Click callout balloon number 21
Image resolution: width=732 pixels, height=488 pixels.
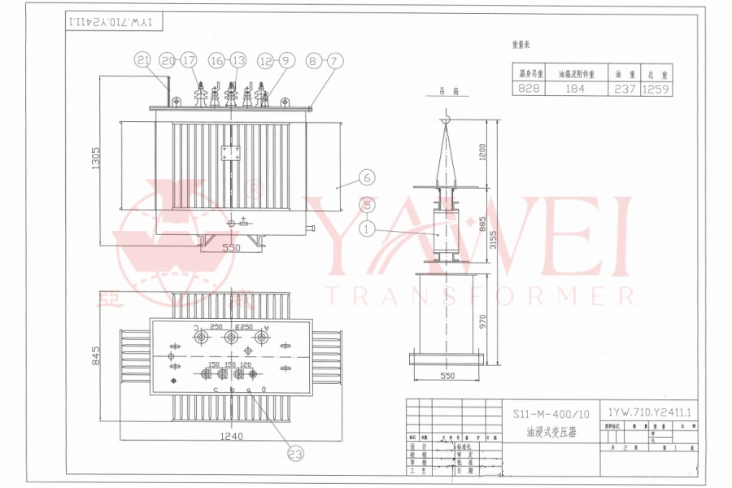tap(144, 59)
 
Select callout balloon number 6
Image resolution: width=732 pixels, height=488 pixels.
tap(366, 176)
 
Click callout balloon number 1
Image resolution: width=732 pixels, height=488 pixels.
tap(368, 230)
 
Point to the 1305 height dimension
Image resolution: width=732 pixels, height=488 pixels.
tap(94, 159)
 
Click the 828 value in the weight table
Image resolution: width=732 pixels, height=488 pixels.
tap(529, 89)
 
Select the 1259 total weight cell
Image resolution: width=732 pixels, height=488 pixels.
tap(656, 89)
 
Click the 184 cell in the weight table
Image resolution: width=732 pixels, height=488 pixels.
tap(576, 89)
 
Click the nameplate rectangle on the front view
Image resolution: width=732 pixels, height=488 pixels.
tap(231, 155)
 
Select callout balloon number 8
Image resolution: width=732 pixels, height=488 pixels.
tap(314, 59)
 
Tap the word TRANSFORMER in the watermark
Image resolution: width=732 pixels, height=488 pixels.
tap(479, 294)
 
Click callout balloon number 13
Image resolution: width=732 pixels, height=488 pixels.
tap(237, 59)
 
